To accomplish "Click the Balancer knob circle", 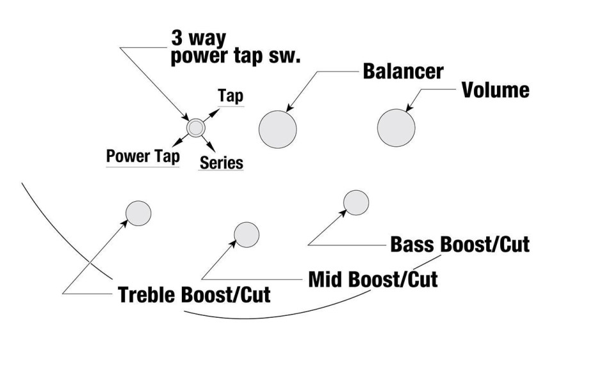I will (x=277, y=129).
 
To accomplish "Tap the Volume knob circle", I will (x=396, y=128).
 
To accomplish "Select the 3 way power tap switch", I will (x=195, y=127).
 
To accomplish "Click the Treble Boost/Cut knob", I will (x=138, y=213).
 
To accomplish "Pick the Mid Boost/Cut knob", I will (x=247, y=234).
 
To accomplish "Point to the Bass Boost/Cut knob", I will (x=356, y=202).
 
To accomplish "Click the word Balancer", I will (x=403, y=71).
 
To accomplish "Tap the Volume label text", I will (x=496, y=90).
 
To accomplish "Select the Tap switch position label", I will (x=230, y=96).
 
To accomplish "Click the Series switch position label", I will (x=222, y=163).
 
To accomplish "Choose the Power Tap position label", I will (x=142, y=156).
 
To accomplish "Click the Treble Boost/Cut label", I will (x=193, y=295).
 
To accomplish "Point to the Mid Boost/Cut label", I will (x=373, y=279).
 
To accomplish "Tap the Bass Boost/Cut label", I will (x=460, y=244).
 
